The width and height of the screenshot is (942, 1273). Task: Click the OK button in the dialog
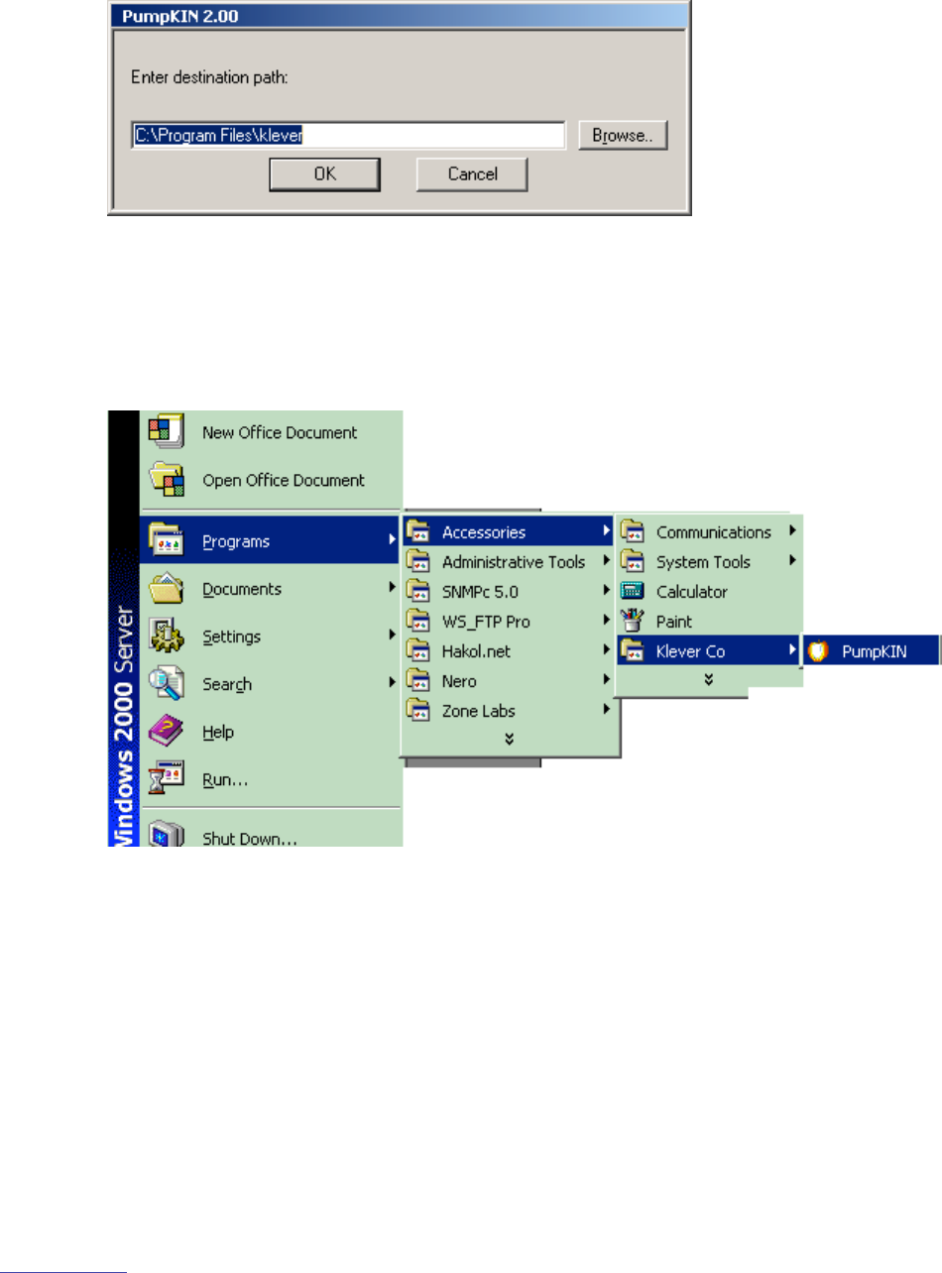pos(324,174)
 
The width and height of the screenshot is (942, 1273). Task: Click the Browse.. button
pos(624,135)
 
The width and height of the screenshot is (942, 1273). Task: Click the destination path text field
pos(348,135)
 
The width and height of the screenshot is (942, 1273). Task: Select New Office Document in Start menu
pos(279,433)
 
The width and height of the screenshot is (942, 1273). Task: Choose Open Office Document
pos(283,481)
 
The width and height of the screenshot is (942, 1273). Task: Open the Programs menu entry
pos(235,541)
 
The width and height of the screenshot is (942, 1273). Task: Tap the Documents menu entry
pos(241,589)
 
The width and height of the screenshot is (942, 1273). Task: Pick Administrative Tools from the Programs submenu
pos(513,562)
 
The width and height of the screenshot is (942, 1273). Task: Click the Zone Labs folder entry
pos(478,710)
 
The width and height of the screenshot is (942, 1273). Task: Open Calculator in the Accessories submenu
pos(691,592)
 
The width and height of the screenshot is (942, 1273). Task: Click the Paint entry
pos(673,622)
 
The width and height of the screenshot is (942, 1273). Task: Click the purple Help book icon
pos(160,732)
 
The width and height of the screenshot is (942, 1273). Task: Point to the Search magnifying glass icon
pos(160,684)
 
